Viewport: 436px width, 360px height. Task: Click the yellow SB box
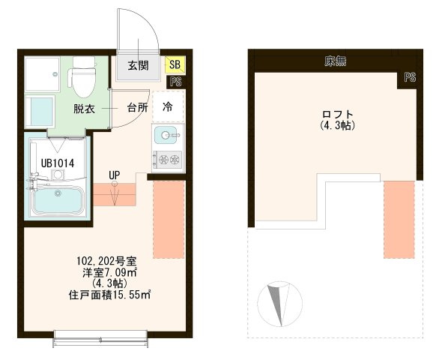(175, 64)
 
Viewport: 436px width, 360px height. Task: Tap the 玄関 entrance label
(138, 66)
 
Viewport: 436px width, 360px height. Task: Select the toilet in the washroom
(82, 77)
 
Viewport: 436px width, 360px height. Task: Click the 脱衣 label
(84, 109)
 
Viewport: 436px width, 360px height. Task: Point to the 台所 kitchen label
(137, 107)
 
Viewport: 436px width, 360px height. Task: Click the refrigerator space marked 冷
(168, 106)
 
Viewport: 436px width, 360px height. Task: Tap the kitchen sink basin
(166, 135)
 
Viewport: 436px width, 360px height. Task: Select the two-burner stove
(168, 160)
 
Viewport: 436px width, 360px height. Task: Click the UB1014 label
(58, 163)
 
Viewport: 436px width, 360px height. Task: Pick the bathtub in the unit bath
(58, 199)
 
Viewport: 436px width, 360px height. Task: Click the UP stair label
(115, 175)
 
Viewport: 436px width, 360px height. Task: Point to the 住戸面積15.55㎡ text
(109, 295)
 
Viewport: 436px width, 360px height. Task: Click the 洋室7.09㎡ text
(109, 272)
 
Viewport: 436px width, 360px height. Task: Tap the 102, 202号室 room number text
(106, 261)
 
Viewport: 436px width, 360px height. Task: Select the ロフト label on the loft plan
(338, 114)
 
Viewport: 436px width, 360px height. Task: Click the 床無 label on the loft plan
(336, 61)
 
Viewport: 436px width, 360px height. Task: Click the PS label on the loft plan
(410, 77)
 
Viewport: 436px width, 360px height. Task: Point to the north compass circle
(279, 304)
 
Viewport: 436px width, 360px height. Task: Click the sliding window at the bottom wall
(100, 338)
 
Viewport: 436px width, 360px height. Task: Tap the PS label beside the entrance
(176, 82)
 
